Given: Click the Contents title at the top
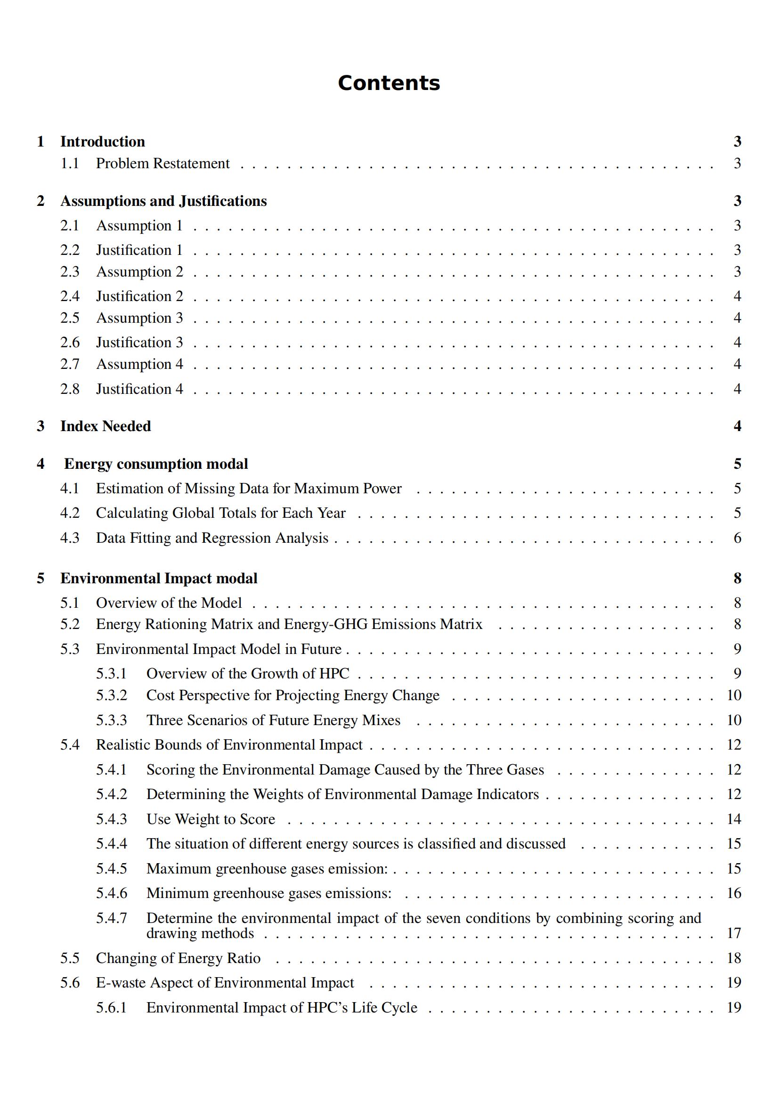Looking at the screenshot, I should tap(389, 83).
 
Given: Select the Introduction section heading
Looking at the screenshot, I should tap(102, 142).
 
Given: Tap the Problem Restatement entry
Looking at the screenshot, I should tap(162, 163).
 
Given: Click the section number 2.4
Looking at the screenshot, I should tap(70, 296).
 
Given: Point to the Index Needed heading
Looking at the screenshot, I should tap(105, 426).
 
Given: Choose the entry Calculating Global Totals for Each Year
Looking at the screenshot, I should tap(220, 513).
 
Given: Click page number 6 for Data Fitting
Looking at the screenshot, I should tap(737, 538).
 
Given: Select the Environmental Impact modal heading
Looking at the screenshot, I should tap(159, 579).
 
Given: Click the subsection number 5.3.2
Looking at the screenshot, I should tap(111, 695).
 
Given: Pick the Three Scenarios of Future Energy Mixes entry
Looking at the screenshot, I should tap(273, 720).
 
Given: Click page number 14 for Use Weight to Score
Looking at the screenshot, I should tap(734, 819).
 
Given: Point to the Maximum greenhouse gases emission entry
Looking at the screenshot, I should tap(267, 868).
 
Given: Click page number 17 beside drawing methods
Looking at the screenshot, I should tap(734, 933).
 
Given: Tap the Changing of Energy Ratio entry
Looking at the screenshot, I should tap(178, 958).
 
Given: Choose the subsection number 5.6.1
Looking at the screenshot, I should tap(111, 1007).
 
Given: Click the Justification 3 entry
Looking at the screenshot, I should tap(139, 343).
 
